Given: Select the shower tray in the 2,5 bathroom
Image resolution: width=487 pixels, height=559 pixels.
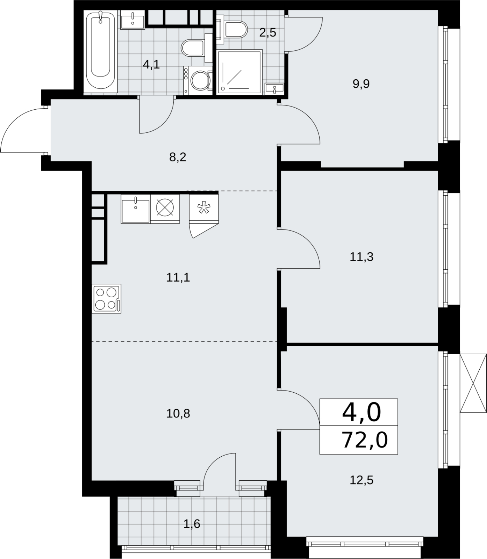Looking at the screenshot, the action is [239, 72].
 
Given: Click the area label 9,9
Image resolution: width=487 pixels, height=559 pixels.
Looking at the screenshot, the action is [361, 84].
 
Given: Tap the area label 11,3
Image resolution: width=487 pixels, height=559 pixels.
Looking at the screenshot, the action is [361, 257].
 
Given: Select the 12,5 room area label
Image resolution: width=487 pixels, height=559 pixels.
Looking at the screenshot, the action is [361, 480].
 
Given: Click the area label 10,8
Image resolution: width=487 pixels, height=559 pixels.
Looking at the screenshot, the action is [178, 414].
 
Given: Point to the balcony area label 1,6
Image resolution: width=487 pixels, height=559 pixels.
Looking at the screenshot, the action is [192, 524].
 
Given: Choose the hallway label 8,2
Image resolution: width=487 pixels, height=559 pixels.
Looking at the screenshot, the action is [178, 157].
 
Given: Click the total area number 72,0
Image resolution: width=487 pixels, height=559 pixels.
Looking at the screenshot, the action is [365, 440].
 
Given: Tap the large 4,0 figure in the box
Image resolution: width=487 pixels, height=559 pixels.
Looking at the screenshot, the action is [361, 413].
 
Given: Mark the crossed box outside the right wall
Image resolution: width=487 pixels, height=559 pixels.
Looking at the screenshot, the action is [473, 383].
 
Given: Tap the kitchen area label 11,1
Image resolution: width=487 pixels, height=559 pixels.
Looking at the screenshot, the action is [178, 278].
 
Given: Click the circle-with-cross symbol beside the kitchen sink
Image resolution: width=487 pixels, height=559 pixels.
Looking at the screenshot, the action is [165, 209].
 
